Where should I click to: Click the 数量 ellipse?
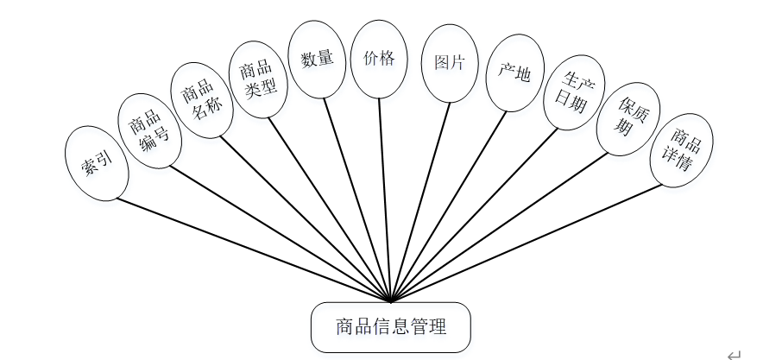(317, 59)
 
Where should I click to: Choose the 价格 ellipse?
(379, 59)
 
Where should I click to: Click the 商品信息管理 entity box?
(391, 327)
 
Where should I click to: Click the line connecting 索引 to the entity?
(250, 249)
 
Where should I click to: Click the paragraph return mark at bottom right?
(734, 353)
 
